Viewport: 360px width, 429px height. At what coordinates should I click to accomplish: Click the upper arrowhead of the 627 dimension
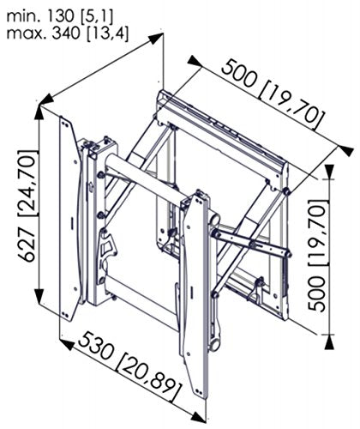tap(39, 112)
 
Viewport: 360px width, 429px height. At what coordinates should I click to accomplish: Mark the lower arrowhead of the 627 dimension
tap(39, 296)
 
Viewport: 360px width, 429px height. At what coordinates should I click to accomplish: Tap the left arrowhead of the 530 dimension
tap(67, 344)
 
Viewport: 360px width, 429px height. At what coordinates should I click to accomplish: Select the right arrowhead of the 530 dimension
tap(198, 417)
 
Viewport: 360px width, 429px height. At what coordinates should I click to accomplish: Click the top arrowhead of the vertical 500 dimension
tap(329, 172)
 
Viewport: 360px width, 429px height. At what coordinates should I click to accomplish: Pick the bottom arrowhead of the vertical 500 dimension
tap(329, 341)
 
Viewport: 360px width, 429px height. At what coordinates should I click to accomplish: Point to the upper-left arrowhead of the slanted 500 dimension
tap(195, 61)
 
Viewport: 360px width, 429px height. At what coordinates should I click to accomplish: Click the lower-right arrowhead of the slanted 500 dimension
tap(346, 150)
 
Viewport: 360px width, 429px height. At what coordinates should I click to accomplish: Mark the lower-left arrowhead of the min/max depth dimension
tap(47, 100)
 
